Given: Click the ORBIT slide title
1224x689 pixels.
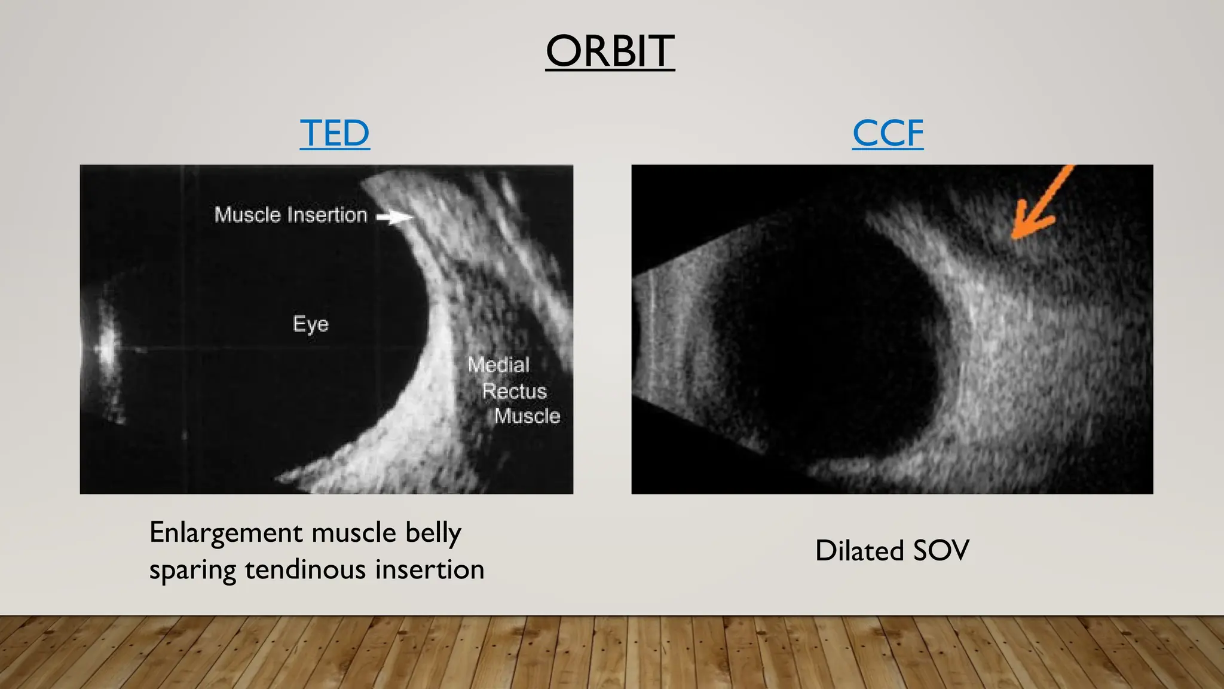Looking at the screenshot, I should [610, 51].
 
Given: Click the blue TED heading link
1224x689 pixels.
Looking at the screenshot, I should [335, 133].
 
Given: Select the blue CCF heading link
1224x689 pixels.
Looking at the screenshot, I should [888, 133].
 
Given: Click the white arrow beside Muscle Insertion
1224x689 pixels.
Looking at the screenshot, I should [394, 217].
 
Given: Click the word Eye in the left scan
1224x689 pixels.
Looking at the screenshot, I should [311, 324].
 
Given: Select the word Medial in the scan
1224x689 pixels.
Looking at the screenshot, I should [498, 365].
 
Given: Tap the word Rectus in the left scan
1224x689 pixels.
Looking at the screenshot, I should [514, 391].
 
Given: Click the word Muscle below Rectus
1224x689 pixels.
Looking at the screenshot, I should [527, 416].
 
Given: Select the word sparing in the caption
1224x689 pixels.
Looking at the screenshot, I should [192, 570].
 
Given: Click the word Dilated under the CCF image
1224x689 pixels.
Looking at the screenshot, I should [859, 551].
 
